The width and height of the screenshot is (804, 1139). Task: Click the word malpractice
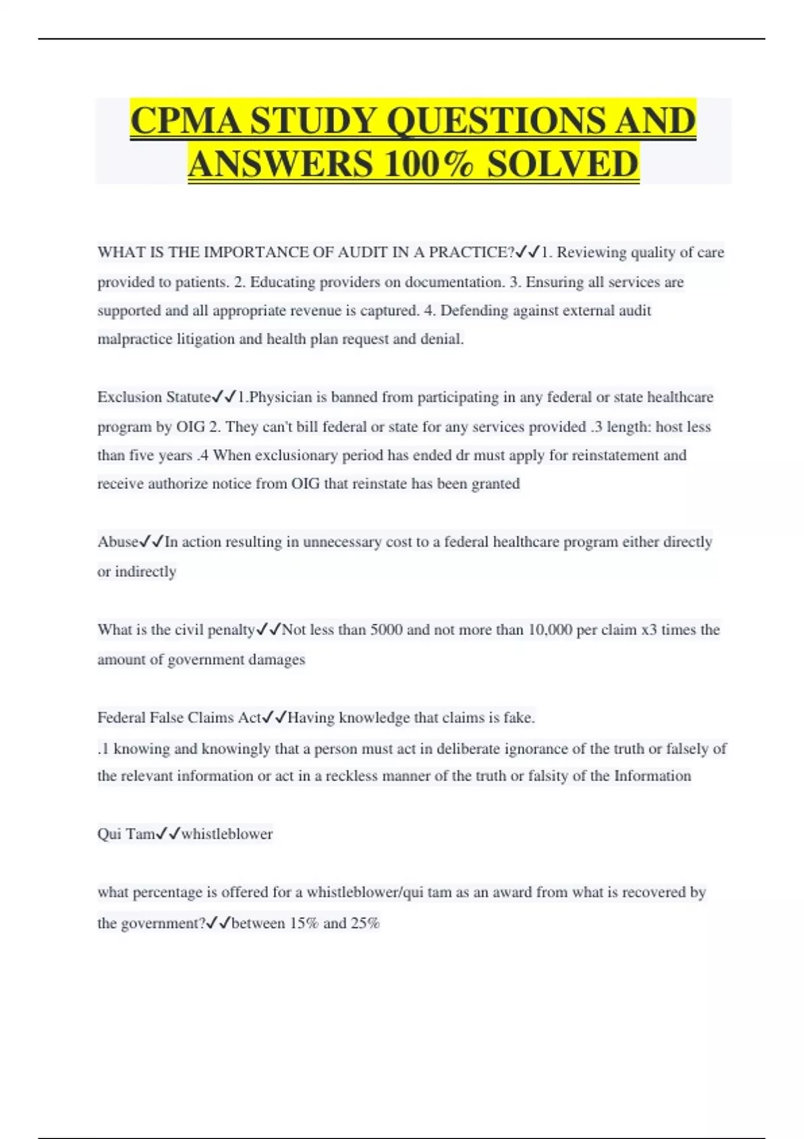(135, 339)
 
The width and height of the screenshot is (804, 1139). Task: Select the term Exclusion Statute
(154, 397)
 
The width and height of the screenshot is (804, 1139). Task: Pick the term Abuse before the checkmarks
(118, 542)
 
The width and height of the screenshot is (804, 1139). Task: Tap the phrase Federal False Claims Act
(179, 718)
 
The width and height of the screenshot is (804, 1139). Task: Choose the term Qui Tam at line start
(126, 834)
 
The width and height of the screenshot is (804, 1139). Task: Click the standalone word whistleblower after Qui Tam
(227, 834)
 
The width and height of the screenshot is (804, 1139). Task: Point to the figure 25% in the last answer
(365, 923)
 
